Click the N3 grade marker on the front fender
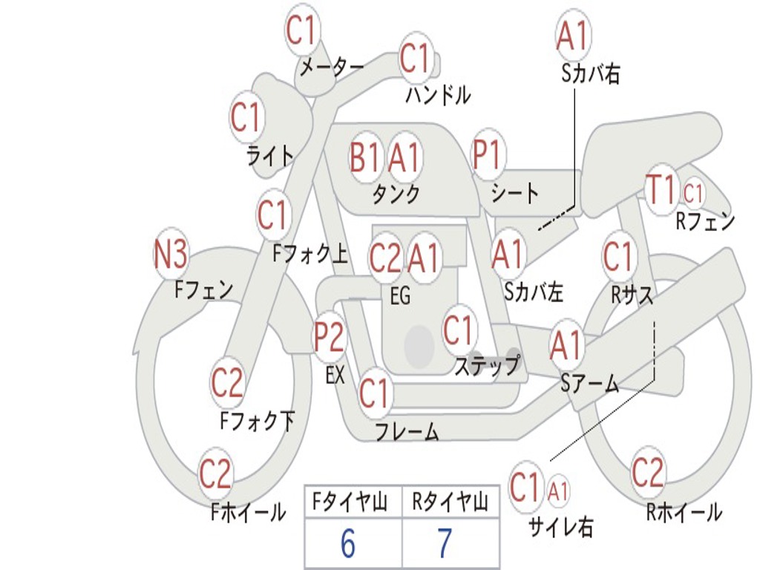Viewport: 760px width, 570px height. (171, 254)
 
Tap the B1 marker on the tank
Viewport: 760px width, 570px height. (364, 157)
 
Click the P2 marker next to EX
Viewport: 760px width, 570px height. (330, 336)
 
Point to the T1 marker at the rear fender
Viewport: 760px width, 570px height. (661, 189)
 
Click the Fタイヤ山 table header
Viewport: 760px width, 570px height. (350, 502)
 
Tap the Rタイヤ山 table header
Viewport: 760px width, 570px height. (449, 502)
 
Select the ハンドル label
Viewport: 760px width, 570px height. (438, 95)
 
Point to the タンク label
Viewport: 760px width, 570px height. (396, 194)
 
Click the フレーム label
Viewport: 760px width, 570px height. (407, 431)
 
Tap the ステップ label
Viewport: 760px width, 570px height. (487, 364)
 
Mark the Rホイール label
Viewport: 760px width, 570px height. (684, 512)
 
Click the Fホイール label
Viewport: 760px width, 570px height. (248, 512)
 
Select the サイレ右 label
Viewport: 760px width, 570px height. (560, 527)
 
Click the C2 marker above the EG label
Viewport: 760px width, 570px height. (386, 258)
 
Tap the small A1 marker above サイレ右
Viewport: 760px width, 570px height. (558, 492)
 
